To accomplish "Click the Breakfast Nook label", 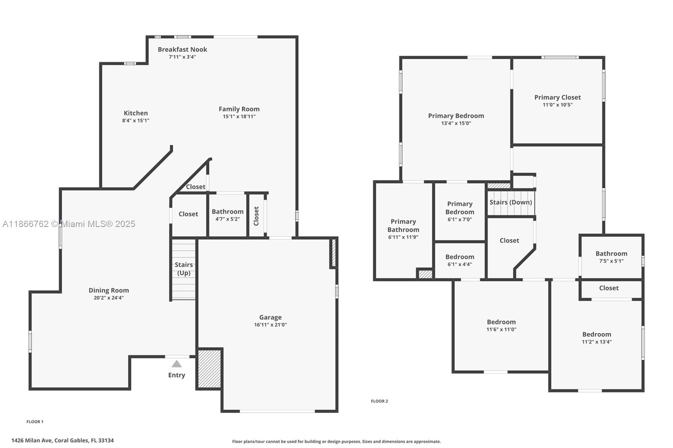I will click(x=182, y=49).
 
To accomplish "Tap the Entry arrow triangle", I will click(x=177, y=364).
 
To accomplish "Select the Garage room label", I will click(x=270, y=317).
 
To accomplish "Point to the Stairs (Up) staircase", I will click(x=183, y=269).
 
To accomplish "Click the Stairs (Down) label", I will click(x=511, y=202).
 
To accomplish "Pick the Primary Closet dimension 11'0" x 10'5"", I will click(x=557, y=105).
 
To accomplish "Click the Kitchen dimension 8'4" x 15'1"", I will click(x=135, y=121).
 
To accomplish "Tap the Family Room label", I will click(x=239, y=109).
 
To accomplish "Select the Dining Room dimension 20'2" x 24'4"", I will click(x=109, y=298).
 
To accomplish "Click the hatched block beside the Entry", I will click(x=209, y=368).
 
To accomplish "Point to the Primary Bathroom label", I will click(x=403, y=225).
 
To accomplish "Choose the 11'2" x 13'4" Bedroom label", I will click(x=596, y=335).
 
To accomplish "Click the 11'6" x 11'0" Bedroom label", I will click(x=501, y=322).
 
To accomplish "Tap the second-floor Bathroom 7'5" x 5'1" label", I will click(x=611, y=253).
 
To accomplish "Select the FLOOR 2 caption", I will click(x=379, y=401).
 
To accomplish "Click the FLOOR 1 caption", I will click(x=35, y=422).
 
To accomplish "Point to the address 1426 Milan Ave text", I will click(x=62, y=440).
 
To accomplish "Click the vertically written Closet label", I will click(x=256, y=216).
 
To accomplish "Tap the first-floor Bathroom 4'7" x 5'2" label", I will click(x=227, y=211).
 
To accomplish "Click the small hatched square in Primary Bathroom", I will click(x=425, y=274).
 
